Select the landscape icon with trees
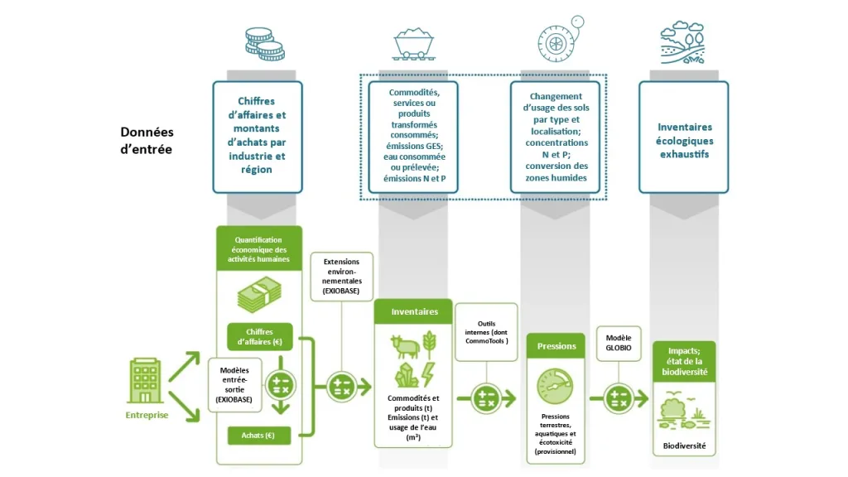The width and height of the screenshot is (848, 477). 683,43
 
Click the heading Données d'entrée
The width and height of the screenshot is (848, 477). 147,141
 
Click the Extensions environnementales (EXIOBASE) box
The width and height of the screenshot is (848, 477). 342,277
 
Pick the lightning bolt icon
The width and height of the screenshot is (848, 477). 429,370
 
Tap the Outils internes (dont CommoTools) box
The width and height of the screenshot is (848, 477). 487,331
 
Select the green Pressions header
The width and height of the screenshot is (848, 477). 556,345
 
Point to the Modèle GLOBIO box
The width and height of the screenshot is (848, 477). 618,344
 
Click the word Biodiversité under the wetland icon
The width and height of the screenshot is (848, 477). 684,446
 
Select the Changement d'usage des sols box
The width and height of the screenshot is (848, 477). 556,137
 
